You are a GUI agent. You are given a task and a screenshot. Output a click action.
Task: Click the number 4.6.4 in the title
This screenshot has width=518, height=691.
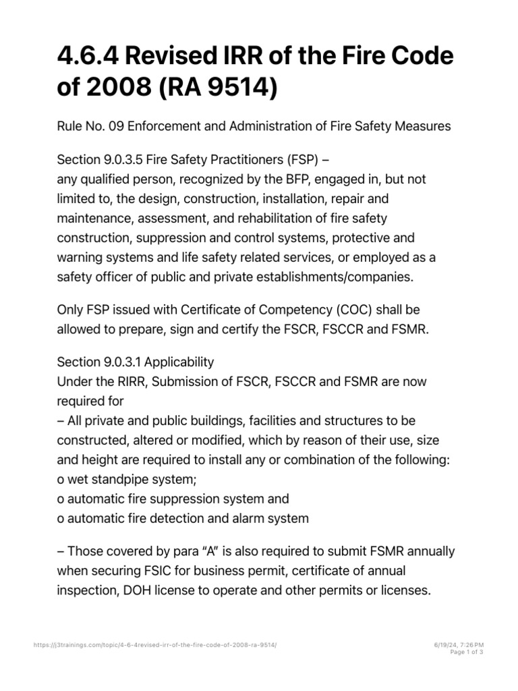[90, 59]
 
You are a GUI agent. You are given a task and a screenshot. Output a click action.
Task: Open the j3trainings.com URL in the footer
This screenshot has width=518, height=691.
[155, 646]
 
